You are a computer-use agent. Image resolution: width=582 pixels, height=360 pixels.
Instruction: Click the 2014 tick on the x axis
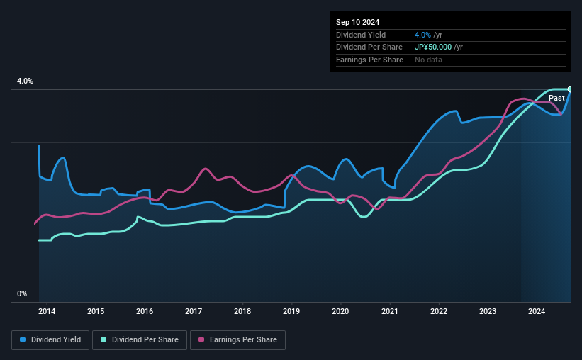(x=47, y=311)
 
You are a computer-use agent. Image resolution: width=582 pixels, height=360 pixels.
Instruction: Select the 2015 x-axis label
(x=96, y=311)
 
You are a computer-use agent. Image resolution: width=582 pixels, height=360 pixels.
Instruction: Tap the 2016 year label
(x=145, y=311)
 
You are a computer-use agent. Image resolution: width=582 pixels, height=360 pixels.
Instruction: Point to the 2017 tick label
(x=194, y=311)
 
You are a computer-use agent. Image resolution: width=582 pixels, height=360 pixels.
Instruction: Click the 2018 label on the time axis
(x=242, y=311)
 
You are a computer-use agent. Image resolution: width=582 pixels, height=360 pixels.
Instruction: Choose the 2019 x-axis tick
(x=291, y=311)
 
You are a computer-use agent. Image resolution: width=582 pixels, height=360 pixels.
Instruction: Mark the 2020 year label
(x=340, y=311)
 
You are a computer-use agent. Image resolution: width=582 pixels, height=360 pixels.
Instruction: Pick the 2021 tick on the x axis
(x=389, y=311)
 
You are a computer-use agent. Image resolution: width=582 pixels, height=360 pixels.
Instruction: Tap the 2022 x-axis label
(x=439, y=311)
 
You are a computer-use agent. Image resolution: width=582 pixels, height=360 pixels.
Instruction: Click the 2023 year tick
(x=488, y=311)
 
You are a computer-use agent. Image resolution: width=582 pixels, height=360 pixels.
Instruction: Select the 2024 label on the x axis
(x=537, y=311)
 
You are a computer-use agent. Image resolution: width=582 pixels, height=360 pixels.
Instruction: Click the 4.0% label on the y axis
(x=25, y=81)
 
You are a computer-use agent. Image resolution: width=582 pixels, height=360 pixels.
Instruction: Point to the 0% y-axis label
(x=22, y=293)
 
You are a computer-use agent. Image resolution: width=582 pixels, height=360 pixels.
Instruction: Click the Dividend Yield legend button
(x=50, y=340)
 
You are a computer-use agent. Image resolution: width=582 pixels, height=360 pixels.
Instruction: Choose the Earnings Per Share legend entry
(x=240, y=340)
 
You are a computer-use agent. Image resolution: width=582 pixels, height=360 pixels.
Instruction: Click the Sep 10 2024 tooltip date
(x=357, y=22)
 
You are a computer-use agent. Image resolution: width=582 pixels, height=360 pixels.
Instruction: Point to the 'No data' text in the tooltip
(x=429, y=60)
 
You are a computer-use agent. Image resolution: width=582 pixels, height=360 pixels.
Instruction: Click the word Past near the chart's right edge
(x=556, y=98)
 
